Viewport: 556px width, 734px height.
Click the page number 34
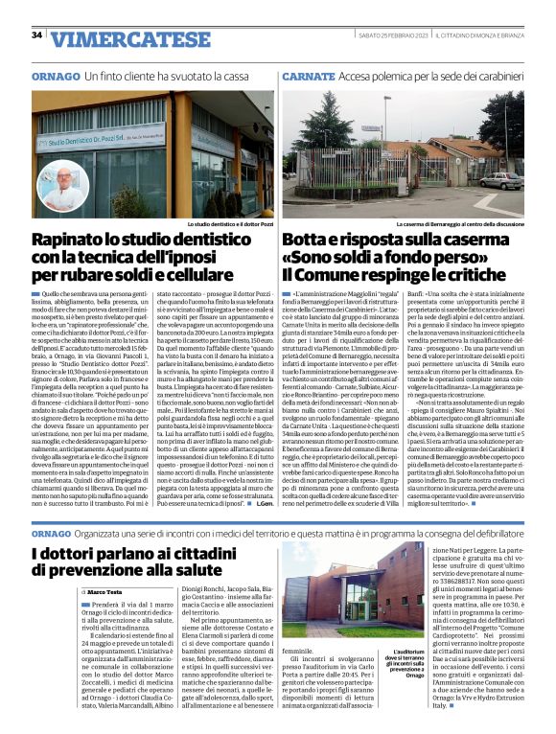(x=37, y=35)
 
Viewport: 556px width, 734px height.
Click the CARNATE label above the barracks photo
(x=308, y=74)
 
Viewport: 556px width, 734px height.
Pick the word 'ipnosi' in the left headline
(x=224, y=258)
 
